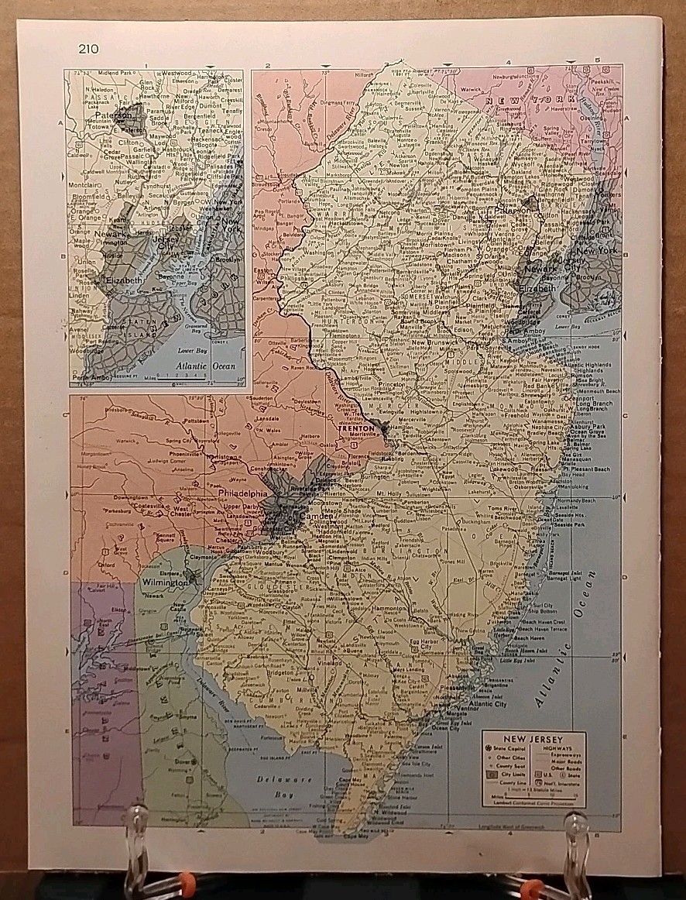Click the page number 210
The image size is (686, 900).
click(88, 50)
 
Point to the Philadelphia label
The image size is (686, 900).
click(242, 493)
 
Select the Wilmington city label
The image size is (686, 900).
click(164, 582)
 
